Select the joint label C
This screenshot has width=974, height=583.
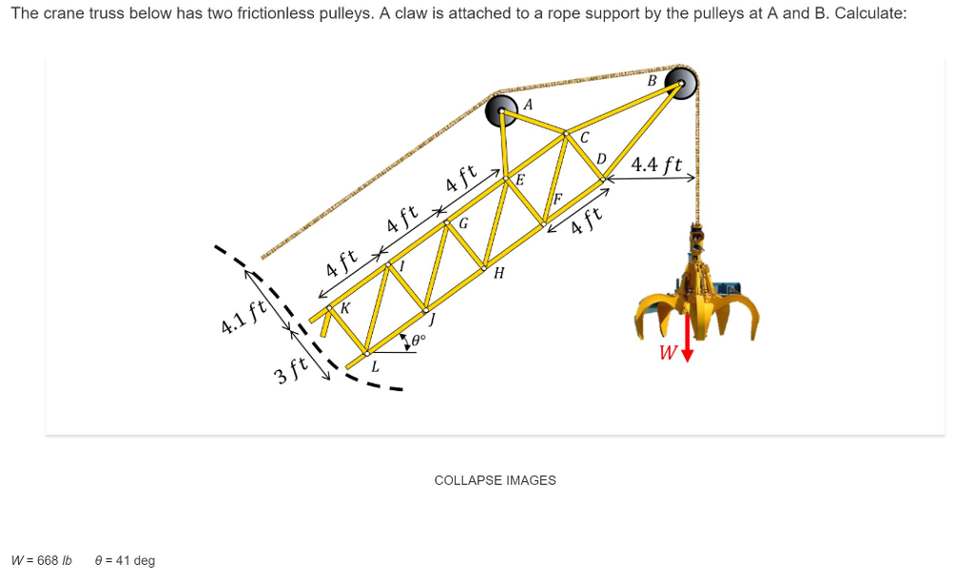[x=585, y=139]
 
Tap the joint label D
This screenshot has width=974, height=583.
[x=601, y=158]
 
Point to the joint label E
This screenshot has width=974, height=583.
[x=519, y=179]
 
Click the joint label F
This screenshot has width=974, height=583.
[x=558, y=200]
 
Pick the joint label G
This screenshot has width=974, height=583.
[x=463, y=224]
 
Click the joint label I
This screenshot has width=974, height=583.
[x=401, y=267]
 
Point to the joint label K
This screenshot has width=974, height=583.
[x=344, y=308]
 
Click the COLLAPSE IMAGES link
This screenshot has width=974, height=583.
[x=495, y=480]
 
